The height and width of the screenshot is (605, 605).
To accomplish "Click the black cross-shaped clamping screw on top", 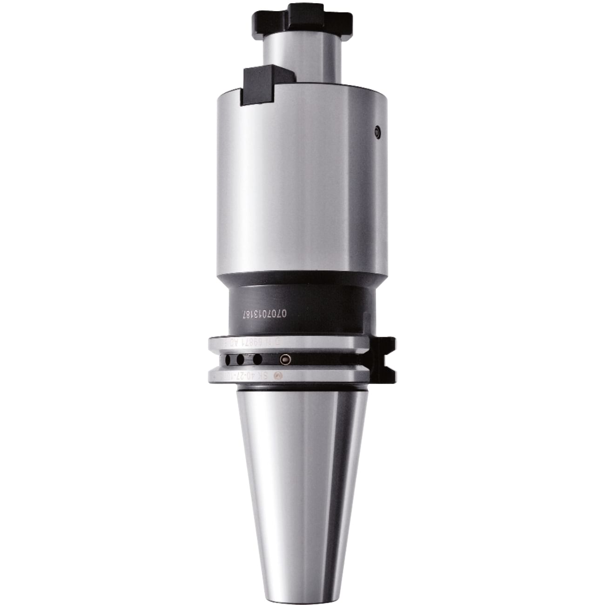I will click(302, 20).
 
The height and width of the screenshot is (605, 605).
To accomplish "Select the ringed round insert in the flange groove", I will click(284, 360).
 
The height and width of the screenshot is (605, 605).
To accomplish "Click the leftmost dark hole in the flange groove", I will click(228, 360).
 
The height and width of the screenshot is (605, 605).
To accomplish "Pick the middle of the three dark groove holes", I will click(240, 360).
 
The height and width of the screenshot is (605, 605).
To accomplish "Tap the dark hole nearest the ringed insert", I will click(257, 360).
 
